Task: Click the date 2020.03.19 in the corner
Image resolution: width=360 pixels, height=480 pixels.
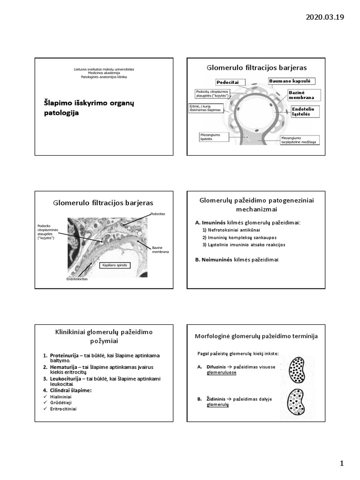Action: tap(324, 17)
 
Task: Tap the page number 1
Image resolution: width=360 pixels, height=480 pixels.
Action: tap(342, 464)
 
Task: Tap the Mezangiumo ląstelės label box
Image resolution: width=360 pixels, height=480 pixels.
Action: tap(214, 137)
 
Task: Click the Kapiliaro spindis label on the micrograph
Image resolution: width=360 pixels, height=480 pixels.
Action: tap(114, 265)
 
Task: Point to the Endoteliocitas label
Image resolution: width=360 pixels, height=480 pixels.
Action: tap(77, 279)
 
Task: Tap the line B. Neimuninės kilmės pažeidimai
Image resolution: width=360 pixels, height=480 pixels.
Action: tap(236, 260)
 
